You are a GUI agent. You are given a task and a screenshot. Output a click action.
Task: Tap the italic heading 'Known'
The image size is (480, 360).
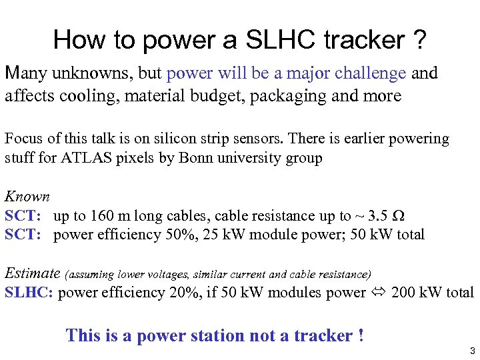(x=27, y=197)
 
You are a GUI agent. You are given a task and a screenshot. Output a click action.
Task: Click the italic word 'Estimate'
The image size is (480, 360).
(x=33, y=273)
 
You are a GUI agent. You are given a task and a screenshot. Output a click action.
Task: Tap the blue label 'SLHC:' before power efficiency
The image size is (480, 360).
(x=29, y=293)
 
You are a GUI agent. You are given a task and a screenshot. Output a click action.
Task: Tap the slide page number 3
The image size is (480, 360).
(x=471, y=351)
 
